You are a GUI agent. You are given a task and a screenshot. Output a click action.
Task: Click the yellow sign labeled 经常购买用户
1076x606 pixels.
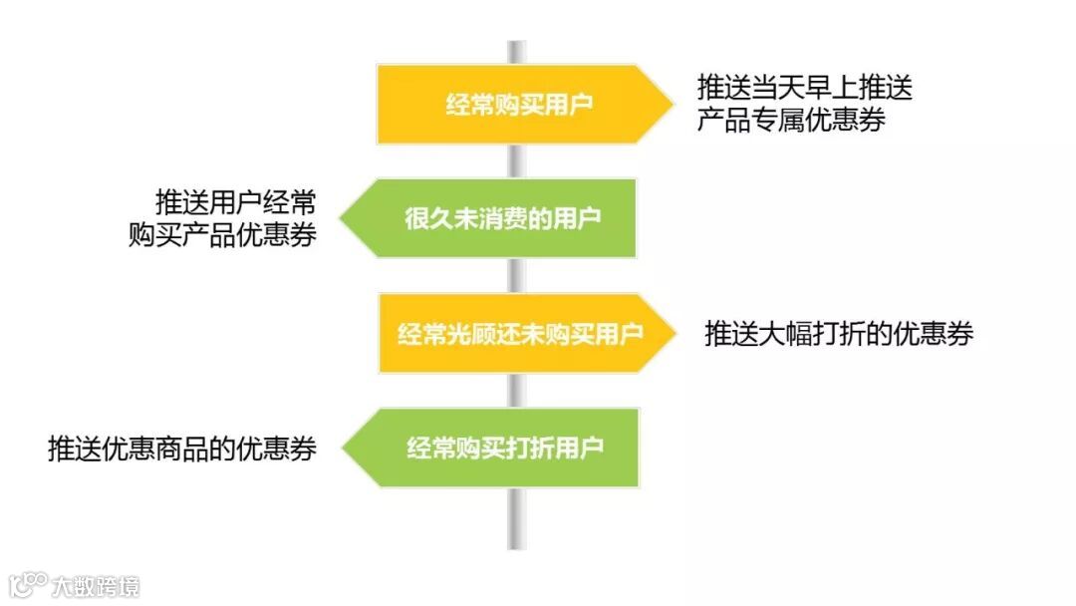pyautogui.click(x=518, y=104)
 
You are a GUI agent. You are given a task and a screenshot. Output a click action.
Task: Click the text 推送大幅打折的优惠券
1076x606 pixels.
pyautogui.click(x=839, y=333)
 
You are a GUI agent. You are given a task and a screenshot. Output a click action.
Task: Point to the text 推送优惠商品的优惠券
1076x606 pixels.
pyautogui.click(x=182, y=449)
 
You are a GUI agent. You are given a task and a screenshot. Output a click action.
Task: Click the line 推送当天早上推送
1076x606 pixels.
pyautogui.click(x=804, y=88)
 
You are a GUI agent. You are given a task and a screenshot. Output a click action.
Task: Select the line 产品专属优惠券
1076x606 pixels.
pyautogui.click(x=791, y=121)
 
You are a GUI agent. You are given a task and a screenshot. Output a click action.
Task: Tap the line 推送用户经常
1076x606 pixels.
pyautogui.click(x=236, y=202)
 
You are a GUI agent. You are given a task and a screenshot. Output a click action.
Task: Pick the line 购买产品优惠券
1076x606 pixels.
pyautogui.click(x=223, y=235)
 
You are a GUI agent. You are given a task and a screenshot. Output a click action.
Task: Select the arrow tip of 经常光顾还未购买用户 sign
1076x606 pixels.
pyautogui.click(x=672, y=333)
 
